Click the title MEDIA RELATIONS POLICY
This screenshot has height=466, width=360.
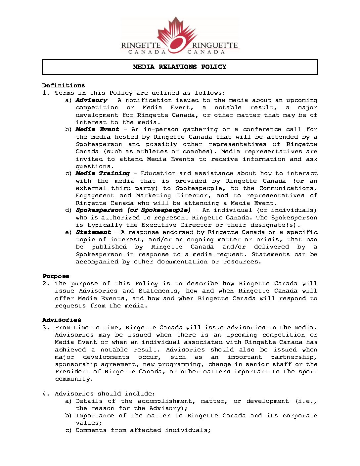(x=180, y=67)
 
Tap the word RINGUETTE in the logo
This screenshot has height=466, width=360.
(x=215, y=45)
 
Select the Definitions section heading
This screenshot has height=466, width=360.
(x=63, y=85)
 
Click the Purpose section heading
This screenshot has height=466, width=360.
(x=56, y=276)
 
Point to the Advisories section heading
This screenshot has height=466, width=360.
(x=62, y=320)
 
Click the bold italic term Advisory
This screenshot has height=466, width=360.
(x=91, y=100)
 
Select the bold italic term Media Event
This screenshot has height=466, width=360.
(x=97, y=129)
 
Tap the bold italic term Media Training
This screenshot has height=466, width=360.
(x=103, y=173)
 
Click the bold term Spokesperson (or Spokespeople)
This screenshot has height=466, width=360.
(x=133, y=210)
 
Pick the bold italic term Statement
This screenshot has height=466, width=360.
(x=93, y=232)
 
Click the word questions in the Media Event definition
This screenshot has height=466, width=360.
(x=95, y=166)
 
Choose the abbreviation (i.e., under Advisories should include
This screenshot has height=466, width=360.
(x=305, y=401)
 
